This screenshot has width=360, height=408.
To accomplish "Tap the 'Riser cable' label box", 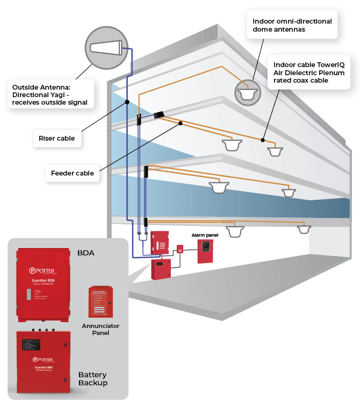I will [x=57, y=139].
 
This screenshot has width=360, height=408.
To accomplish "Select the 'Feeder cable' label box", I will [x=73, y=173].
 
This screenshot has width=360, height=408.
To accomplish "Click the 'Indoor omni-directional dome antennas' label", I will [x=292, y=25].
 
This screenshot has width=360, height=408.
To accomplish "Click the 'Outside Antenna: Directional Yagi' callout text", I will [x=49, y=93].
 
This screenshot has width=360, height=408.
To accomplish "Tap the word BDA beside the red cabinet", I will [x=86, y=253].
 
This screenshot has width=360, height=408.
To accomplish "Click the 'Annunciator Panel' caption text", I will [x=100, y=329].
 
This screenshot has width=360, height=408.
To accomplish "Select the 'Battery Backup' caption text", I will [x=92, y=378].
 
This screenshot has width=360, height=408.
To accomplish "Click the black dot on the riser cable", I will [x=127, y=101].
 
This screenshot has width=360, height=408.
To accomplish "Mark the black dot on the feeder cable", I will [x=181, y=123].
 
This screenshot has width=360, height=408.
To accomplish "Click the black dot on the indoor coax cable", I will [x=263, y=140].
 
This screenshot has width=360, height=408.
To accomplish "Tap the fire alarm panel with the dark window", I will [x=205, y=251].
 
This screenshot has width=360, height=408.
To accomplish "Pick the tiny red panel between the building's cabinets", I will [x=180, y=249].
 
